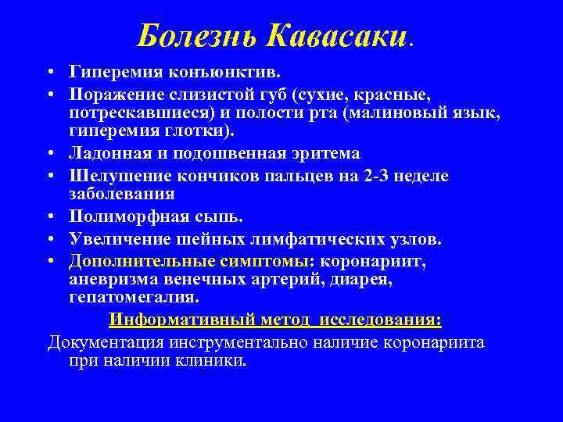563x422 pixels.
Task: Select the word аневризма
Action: pos(111,278)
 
